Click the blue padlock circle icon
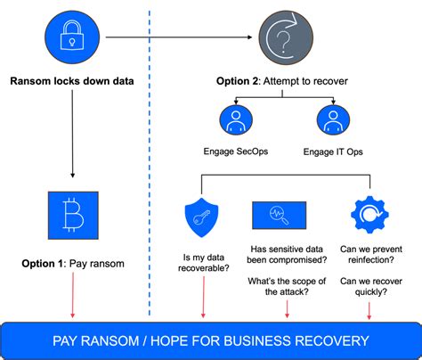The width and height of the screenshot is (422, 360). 69,37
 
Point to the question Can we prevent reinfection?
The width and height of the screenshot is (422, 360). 369,255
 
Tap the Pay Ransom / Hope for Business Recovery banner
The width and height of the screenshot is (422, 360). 210,340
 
